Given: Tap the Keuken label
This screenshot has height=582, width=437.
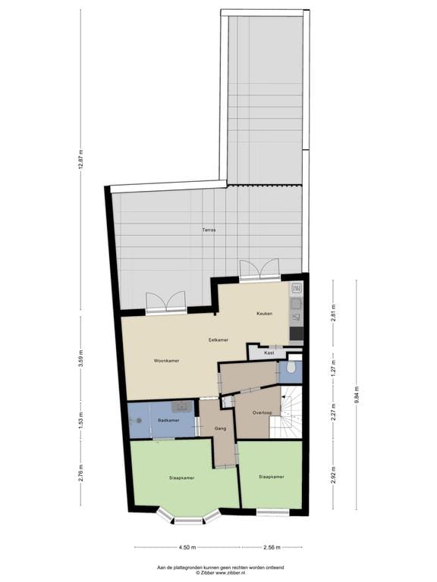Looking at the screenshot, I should click(264, 313).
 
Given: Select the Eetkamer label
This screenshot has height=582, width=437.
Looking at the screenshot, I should click(218, 340).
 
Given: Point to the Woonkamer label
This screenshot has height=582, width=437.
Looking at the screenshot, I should click(165, 360).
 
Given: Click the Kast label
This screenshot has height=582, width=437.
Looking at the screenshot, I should click(269, 353).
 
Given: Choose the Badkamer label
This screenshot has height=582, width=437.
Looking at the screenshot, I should click(168, 420).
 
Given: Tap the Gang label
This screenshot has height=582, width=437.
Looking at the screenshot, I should click(221, 428).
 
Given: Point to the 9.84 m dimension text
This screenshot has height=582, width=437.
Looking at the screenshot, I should click(357, 396).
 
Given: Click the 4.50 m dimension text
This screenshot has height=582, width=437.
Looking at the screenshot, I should click(187, 547).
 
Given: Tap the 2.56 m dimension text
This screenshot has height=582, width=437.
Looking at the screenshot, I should click(271, 547).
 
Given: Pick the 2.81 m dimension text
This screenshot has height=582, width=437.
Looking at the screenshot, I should click(332, 312).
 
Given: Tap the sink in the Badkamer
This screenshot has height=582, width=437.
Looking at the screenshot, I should click(182, 407).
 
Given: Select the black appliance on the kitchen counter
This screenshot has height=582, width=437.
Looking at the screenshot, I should click(296, 333).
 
